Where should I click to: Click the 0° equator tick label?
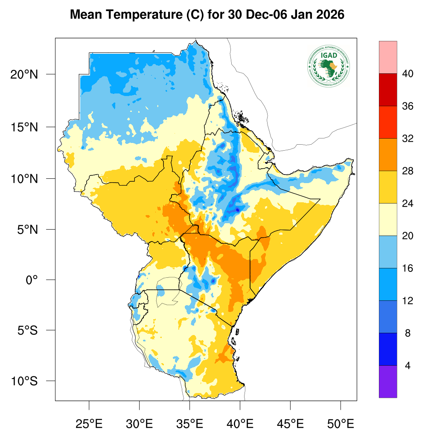tap(32, 280)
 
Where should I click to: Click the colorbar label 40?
tap(407, 74)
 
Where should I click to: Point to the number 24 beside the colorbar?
tap(407, 204)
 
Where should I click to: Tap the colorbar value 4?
tap(407, 366)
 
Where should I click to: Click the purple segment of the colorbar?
tap(387, 382)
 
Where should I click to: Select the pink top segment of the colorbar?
tap(387, 57)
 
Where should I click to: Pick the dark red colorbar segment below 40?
tap(387, 90)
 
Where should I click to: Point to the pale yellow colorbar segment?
tap(387, 219)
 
